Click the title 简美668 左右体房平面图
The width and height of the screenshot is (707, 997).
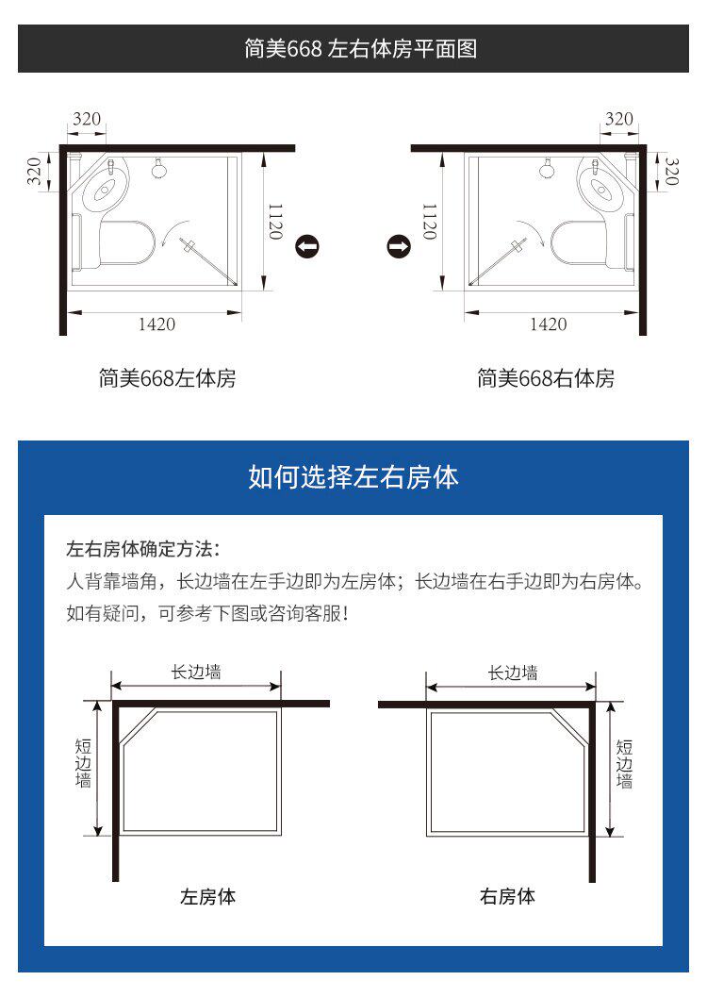tap(360, 48)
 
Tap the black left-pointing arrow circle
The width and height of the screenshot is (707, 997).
tap(307, 246)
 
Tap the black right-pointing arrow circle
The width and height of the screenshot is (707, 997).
tap(399, 246)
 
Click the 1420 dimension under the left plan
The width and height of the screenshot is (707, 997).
tap(156, 324)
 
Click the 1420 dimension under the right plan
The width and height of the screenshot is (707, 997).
tap(549, 324)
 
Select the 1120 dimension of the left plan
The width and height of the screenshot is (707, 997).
tap(275, 222)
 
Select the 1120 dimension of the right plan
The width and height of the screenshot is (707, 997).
tap(430, 222)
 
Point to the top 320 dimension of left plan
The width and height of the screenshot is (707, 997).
tap(87, 119)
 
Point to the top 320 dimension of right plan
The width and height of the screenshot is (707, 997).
tap(618, 119)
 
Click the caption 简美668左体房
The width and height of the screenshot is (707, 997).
tap(167, 378)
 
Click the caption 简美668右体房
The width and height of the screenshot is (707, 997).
tap(546, 378)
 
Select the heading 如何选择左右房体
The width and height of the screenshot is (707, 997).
tap(353, 477)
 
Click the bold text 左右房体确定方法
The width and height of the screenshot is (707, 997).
tap(140, 549)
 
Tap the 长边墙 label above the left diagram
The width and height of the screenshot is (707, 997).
tap(196, 673)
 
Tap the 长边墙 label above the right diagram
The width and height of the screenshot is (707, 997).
tap(513, 673)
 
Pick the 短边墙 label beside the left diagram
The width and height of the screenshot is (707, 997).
tap(83, 763)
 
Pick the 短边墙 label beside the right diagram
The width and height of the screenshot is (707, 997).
tap(624, 764)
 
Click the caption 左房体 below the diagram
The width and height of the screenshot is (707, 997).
tap(207, 896)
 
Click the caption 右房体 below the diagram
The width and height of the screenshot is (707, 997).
tap(507, 896)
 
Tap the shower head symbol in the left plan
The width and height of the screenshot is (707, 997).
tap(159, 169)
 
